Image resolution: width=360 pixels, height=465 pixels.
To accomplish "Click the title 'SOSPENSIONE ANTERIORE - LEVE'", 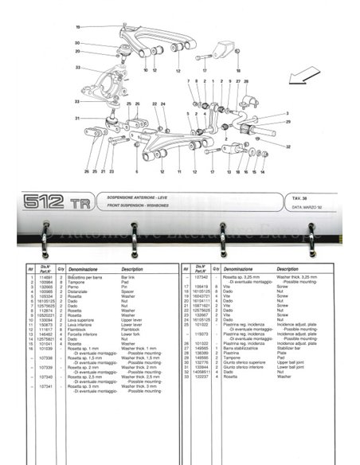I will click(138, 196).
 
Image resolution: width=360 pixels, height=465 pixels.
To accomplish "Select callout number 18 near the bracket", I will click(237, 72).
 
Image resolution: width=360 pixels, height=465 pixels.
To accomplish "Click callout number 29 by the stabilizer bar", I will click(288, 123).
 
